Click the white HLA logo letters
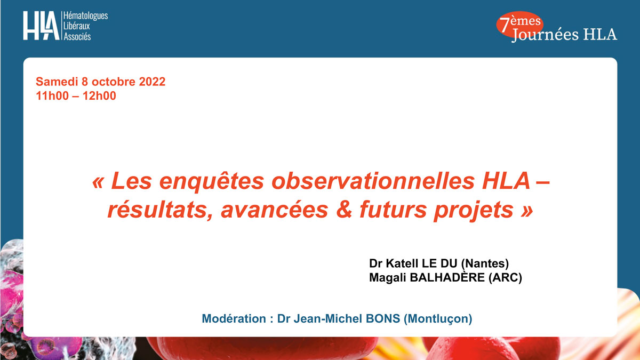click(x=41, y=26)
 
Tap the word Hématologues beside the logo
click(x=85, y=16)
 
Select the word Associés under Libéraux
click(x=77, y=36)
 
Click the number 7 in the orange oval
click(x=505, y=25)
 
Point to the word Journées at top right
click(x=545, y=35)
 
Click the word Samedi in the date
click(x=57, y=82)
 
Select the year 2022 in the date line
click(x=152, y=82)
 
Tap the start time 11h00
click(x=52, y=95)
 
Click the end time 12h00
click(x=99, y=95)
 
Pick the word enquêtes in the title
click(x=211, y=182)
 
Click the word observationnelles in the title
click(x=373, y=181)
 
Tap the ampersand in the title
click(x=344, y=210)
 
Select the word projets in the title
click(x=474, y=211)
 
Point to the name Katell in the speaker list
click(x=402, y=263)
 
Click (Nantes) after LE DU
click(x=485, y=263)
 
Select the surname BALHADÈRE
click(x=447, y=277)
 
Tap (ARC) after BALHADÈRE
click(x=505, y=278)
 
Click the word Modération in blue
click(x=234, y=318)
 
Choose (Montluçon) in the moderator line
click(x=438, y=319)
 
